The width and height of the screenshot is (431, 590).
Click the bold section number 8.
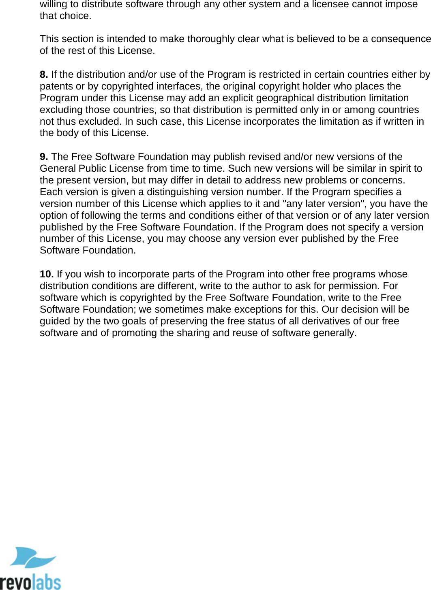(44, 75)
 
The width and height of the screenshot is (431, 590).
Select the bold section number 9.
(44, 157)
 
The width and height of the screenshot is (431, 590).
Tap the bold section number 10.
(47, 274)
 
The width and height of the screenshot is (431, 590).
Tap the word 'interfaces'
(180, 86)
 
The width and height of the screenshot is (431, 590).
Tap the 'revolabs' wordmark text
(30, 582)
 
